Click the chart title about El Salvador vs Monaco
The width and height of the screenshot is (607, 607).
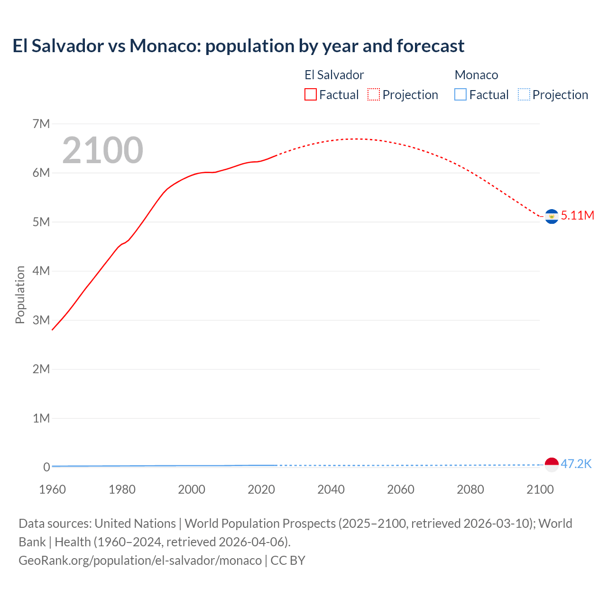click(x=238, y=46)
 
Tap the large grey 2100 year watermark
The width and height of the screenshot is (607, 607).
click(x=102, y=150)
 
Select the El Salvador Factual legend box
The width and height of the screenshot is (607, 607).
click(x=311, y=94)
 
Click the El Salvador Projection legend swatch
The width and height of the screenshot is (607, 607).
click(x=374, y=94)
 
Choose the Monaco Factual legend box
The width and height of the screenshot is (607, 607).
click(x=460, y=94)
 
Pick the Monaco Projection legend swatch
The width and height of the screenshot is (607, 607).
click(x=524, y=94)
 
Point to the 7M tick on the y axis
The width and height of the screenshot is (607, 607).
click(x=41, y=124)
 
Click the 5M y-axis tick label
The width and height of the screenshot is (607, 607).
click(x=41, y=222)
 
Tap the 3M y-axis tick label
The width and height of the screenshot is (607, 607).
click(x=41, y=320)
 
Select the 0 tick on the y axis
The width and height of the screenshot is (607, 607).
click(x=46, y=467)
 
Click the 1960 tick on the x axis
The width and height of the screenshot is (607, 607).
click(x=52, y=489)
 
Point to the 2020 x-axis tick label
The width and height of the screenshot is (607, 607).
click(x=261, y=489)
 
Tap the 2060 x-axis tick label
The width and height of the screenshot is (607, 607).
click(x=401, y=489)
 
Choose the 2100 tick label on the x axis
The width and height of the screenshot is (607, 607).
click(x=540, y=489)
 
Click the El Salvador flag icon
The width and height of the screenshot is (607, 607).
click(x=552, y=216)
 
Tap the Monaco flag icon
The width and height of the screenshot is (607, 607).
click(x=552, y=465)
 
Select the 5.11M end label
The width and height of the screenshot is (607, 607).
click(x=578, y=215)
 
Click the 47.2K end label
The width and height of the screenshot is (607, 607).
click(x=576, y=464)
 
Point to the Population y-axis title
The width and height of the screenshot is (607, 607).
click(x=20, y=294)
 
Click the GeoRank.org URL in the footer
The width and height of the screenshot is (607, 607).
click(x=140, y=560)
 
